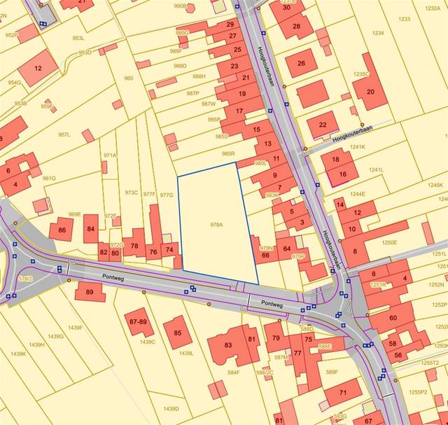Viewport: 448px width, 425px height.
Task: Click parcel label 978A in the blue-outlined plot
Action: pos(216,225)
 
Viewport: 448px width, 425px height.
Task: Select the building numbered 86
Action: pos(62,229)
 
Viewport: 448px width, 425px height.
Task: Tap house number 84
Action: pos(90,228)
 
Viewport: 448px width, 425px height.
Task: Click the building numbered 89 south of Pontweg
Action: pos(90,291)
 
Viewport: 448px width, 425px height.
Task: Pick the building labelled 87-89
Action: pos(139,321)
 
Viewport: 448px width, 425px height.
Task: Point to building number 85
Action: pos(177,332)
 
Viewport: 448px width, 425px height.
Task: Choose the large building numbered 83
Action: pos(228,345)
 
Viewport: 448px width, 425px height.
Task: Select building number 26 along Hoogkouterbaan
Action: pos(302,63)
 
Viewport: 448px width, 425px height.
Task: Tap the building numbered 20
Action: pos(370,92)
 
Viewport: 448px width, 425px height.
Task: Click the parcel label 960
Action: pos(128,78)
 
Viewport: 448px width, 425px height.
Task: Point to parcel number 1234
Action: pos(379,33)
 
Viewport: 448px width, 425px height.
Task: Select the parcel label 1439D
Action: pos(171,408)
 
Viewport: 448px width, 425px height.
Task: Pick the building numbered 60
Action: pos(393,317)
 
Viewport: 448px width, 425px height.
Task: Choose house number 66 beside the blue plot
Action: pos(265,255)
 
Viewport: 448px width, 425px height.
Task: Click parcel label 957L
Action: pos(64,134)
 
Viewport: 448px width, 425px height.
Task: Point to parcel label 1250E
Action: pos(390,243)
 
